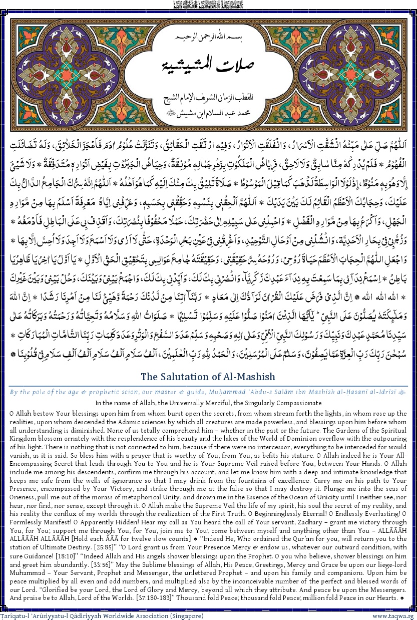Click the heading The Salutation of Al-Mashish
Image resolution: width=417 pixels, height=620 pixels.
click(x=208, y=376)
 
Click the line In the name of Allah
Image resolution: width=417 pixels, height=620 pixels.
click(x=208, y=402)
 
